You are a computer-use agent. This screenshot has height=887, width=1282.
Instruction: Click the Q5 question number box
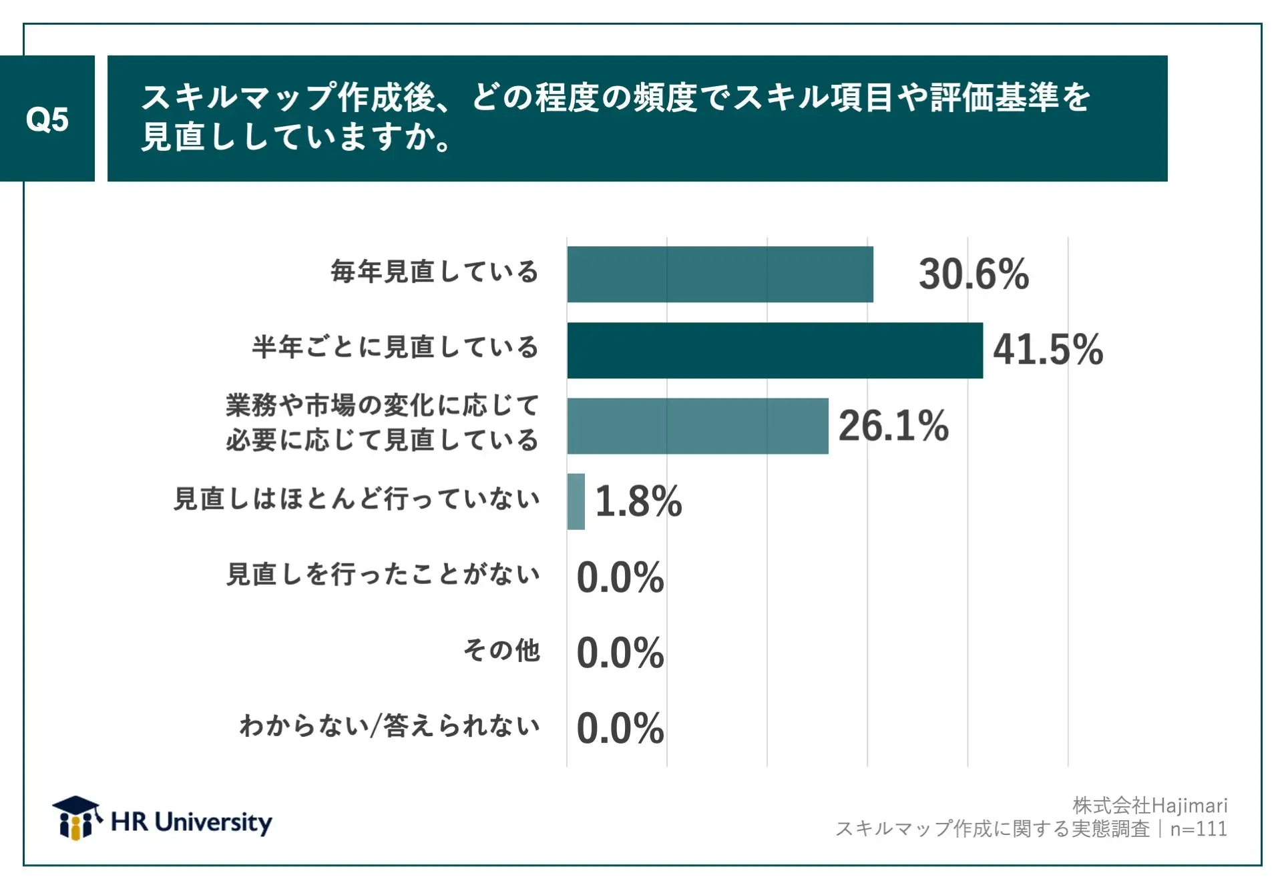click(x=47, y=119)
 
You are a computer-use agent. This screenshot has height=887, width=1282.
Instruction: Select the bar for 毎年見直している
click(x=720, y=274)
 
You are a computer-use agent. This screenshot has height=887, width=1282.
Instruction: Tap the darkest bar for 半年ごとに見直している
click(x=775, y=350)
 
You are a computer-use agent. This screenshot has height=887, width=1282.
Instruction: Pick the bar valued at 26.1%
click(x=698, y=426)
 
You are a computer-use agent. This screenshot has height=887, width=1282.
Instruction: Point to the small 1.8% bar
click(x=576, y=501)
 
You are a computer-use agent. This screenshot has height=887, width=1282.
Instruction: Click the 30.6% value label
click(x=974, y=274)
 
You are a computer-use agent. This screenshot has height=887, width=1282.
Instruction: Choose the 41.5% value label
click(x=1048, y=350)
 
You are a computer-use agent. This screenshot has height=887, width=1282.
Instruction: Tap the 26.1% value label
click(x=893, y=426)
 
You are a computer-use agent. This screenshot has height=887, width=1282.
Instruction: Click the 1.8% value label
click(x=638, y=501)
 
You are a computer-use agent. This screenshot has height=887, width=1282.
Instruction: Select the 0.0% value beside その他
click(x=620, y=653)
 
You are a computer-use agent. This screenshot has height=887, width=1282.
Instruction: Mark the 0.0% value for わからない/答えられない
click(x=620, y=728)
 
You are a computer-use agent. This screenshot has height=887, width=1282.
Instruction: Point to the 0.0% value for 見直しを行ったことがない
click(x=620, y=577)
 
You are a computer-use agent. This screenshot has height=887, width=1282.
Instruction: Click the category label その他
click(x=501, y=650)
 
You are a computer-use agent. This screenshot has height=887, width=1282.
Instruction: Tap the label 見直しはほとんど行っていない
click(x=357, y=499)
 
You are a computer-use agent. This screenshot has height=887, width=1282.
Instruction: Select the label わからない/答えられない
click(x=389, y=725)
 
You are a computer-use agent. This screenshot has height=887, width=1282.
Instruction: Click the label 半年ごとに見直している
click(x=395, y=347)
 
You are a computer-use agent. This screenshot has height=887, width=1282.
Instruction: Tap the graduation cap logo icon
click(x=76, y=817)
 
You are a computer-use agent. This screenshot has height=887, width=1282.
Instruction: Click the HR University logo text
click(x=192, y=822)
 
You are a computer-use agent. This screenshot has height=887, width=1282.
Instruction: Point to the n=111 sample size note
click(x=1199, y=829)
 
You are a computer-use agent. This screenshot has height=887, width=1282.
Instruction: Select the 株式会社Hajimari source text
click(x=1150, y=806)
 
